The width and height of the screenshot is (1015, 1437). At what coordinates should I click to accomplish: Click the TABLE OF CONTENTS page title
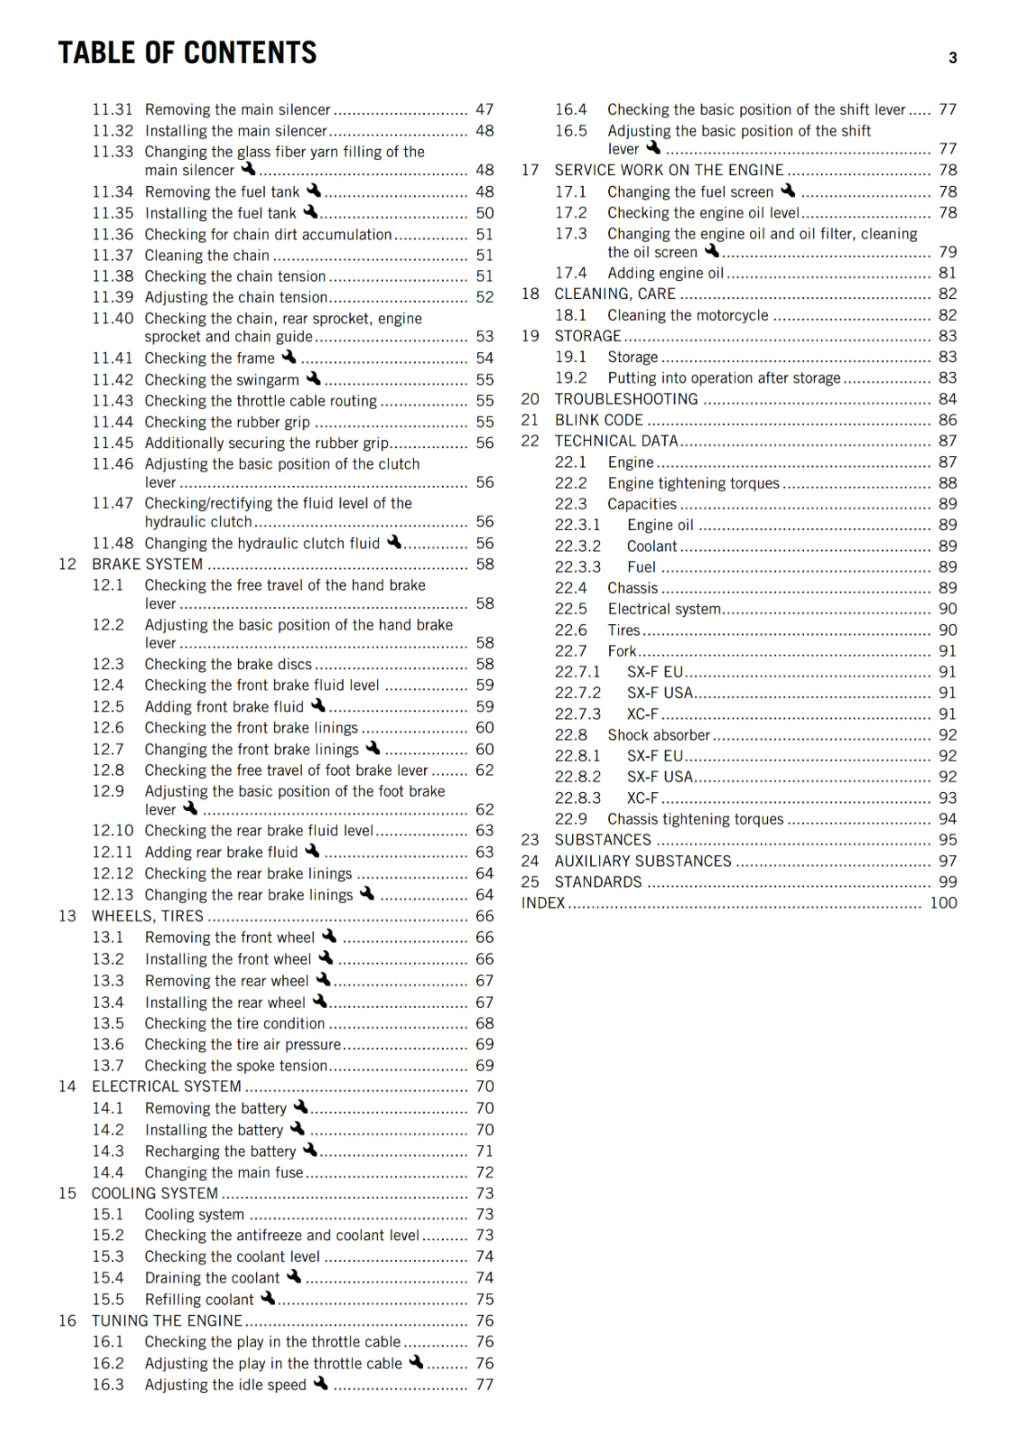[x=187, y=53]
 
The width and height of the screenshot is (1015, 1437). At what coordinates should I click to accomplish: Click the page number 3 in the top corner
[x=952, y=58]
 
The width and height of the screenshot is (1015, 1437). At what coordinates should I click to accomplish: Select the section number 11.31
[x=112, y=110]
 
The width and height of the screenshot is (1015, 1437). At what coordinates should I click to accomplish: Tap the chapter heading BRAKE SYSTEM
[x=147, y=564]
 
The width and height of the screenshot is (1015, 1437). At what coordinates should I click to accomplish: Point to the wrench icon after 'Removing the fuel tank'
[x=313, y=190]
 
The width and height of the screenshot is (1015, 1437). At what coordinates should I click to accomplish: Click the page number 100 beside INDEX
[x=943, y=903]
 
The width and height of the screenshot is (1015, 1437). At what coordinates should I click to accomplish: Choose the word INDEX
[x=543, y=903]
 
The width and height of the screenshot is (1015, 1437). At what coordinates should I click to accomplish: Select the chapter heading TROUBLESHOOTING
[x=626, y=399]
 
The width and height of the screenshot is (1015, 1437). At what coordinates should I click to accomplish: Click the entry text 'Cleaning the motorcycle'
[x=687, y=315]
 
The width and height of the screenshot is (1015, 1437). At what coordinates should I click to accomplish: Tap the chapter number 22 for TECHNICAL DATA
[x=530, y=441]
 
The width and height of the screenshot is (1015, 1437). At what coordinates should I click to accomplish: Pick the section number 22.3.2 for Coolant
[x=578, y=546]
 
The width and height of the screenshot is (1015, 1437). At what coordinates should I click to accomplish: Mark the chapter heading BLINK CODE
[x=598, y=419]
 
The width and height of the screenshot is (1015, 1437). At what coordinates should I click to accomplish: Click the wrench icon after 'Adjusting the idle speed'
[x=321, y=1384]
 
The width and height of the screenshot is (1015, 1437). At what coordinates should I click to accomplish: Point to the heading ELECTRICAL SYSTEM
[x=166, y=1086]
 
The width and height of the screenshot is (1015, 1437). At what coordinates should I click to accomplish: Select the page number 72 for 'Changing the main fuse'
[x=485, y=1172]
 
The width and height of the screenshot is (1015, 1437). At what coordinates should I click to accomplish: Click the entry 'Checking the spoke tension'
[x=235, y=1065]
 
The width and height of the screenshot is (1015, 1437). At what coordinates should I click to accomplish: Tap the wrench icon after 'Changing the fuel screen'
[x=788, y=190]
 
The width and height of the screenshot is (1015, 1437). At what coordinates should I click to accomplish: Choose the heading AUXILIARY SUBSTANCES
[x=642, y=860]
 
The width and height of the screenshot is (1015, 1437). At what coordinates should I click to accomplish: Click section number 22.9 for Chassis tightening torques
[x=570, y=819]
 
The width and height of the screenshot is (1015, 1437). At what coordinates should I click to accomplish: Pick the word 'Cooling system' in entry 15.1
[x=194, y=1214]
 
